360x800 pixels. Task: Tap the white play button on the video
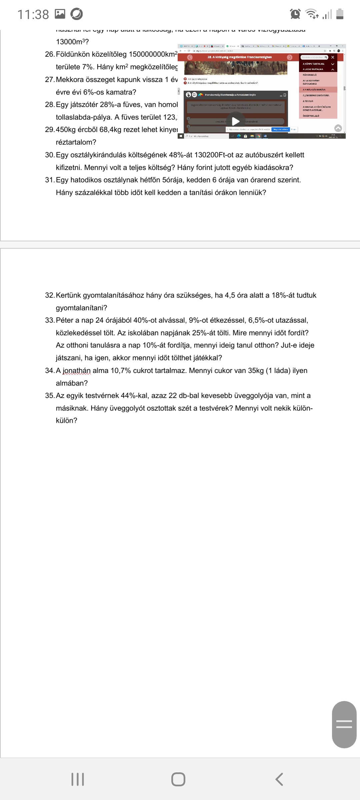[236, 121]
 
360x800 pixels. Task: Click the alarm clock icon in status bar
[295, 14]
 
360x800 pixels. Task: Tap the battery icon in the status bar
[340, 14]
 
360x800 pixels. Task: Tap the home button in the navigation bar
[178, 779]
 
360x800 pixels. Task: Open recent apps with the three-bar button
[78, 779]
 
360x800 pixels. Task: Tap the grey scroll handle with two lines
[344, 724]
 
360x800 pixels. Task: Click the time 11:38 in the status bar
[33, 14]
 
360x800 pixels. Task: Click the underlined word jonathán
[77, 371]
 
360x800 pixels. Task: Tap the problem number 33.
[50, 320]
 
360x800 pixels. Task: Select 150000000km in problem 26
[152, 54]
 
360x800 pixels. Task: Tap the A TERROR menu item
[308, 101]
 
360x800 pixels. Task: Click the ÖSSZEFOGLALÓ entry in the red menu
[311, 116]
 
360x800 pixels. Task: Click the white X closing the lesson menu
[332, 57]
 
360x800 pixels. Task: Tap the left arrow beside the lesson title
[190, 57]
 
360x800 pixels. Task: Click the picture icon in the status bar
[60, 14]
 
